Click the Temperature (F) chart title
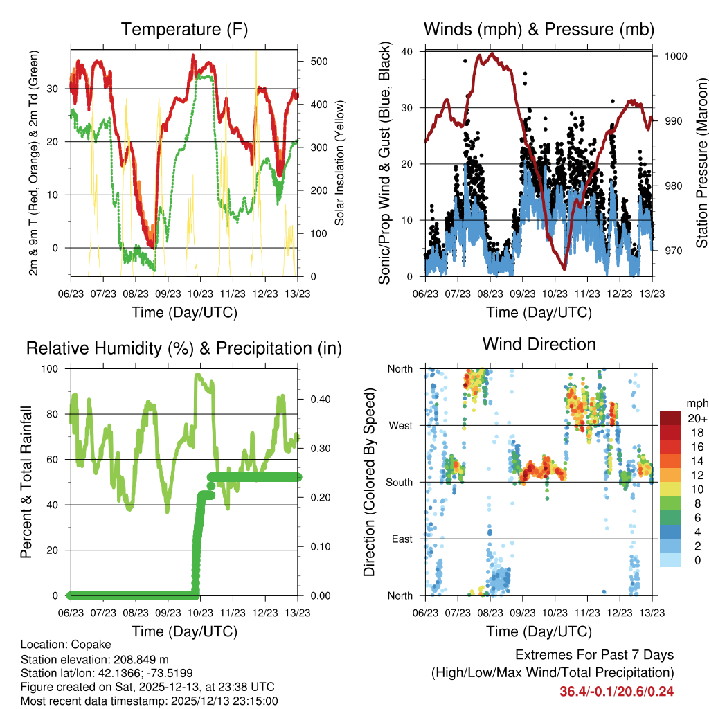184,30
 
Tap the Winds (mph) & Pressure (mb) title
539,30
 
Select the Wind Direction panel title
539,344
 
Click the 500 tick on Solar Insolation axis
318,62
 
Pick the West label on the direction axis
401,425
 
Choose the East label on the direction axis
402,539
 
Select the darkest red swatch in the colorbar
670,418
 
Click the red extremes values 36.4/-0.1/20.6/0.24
616,691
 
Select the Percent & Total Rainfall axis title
26,483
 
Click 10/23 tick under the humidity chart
201,613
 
